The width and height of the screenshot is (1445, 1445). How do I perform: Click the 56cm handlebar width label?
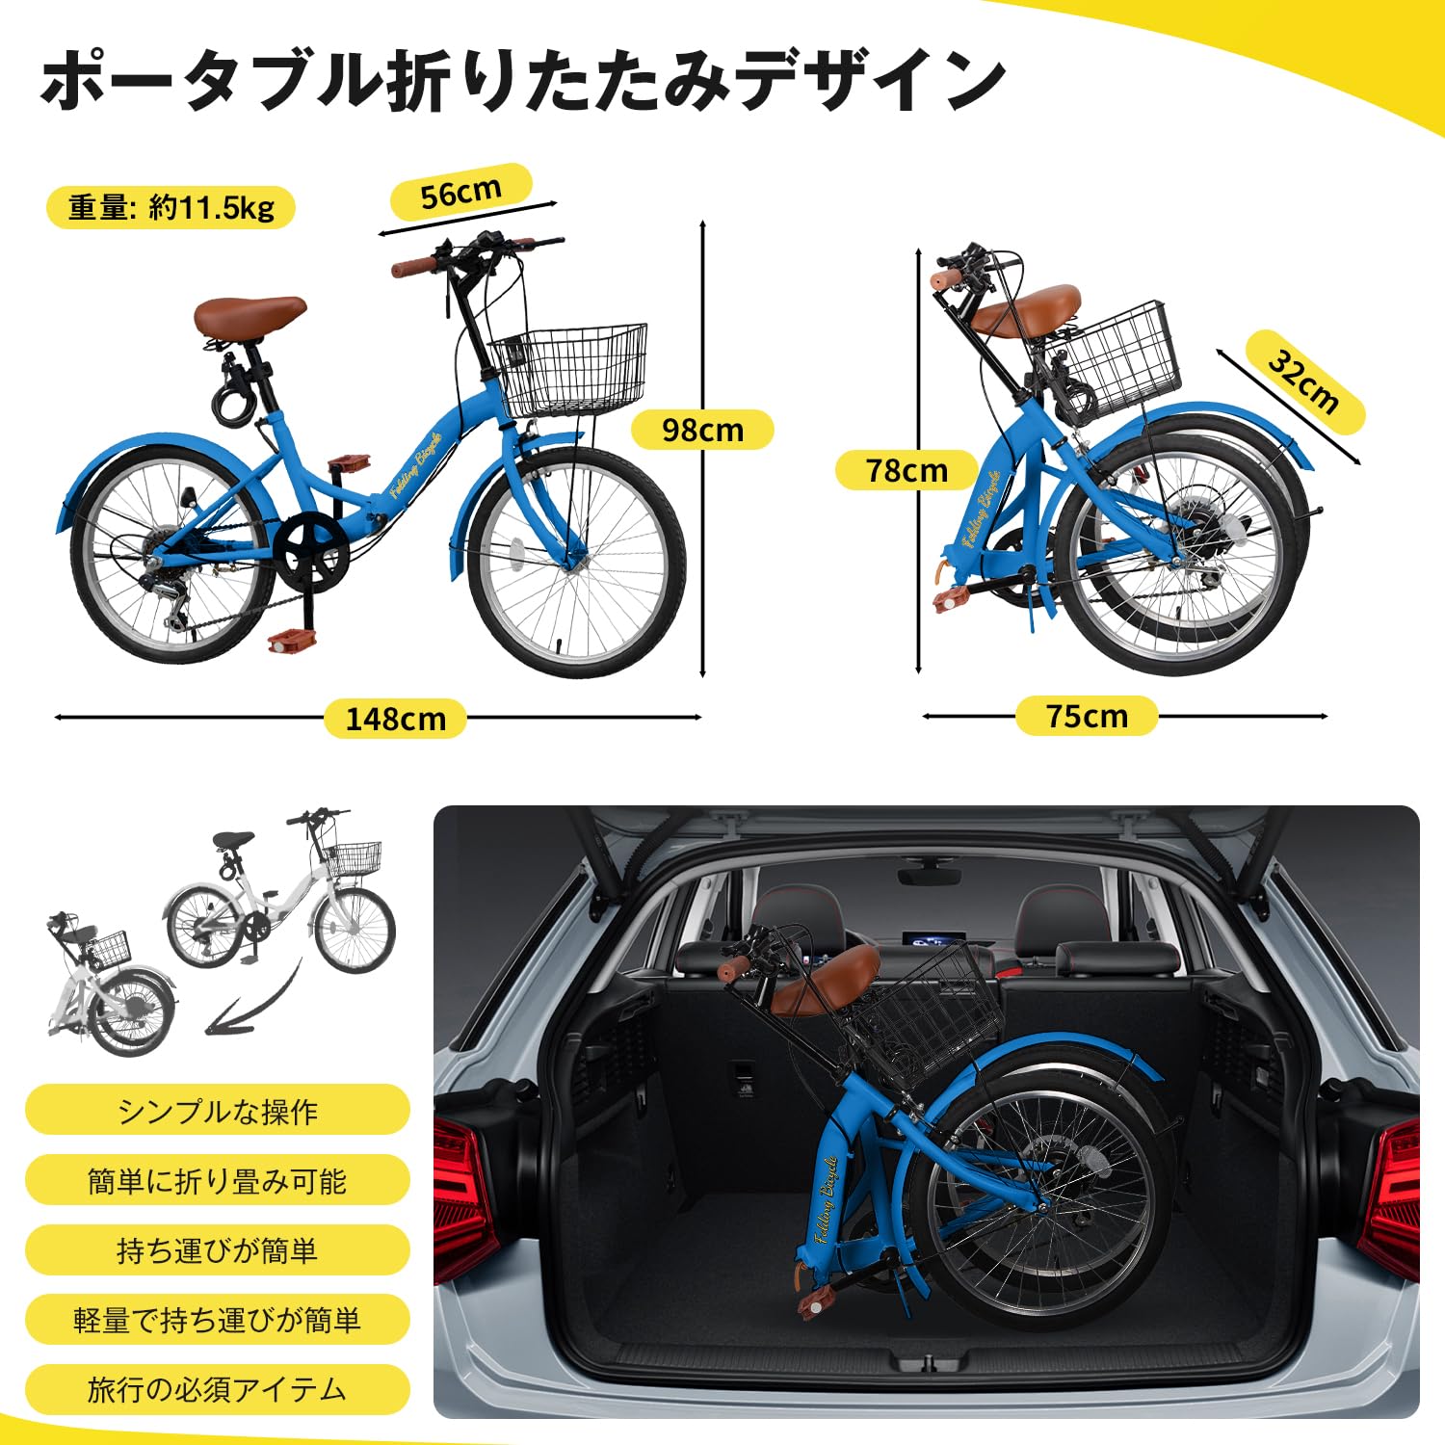click(460, 193)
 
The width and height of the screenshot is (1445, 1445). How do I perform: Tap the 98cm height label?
click(702, 430)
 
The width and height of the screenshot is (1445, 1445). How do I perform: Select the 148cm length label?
click(395, 719)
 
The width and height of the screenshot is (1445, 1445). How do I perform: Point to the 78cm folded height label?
click(906, 470)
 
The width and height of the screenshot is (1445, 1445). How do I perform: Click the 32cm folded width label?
click(1304, 381)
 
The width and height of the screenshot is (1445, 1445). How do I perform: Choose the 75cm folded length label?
click(1087, 716)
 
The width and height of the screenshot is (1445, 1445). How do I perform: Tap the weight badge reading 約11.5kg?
click(171, 207)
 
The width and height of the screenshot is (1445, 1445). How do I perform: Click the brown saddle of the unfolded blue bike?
click(249, 315)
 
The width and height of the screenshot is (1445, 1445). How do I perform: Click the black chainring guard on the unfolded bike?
click(310, 549)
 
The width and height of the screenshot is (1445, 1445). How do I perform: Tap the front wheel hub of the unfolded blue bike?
click(576, 562)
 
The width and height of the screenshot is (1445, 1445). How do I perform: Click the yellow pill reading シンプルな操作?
click(217, 1111)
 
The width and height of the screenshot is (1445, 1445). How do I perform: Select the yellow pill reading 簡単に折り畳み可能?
click(217, 1181)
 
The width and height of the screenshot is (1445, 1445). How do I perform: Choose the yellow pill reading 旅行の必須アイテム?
click(217, 1389)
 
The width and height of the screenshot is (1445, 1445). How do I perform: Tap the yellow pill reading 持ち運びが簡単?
click(217, 1250)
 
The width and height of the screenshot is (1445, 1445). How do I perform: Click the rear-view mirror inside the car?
click(929, 875)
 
